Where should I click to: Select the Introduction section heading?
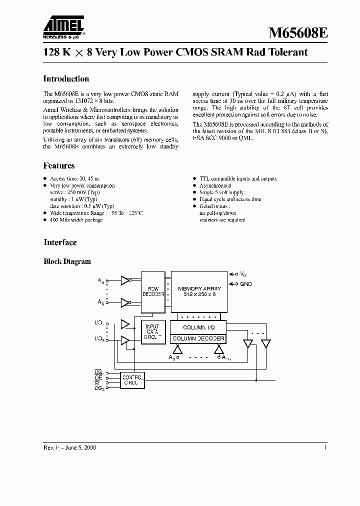(x=66, y=79)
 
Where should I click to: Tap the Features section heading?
(x=59, y=166)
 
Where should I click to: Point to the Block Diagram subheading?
(x=67, y=261)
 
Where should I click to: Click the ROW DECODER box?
(x=152, y=291)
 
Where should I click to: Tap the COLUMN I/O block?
(x=198, y=327)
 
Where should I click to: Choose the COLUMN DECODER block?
(x=198, y=339)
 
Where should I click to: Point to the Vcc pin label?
(x=243, y=274)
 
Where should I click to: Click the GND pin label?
(x=245, y=284)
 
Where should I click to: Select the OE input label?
(x=98, y=378)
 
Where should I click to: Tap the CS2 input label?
(x=99, y=388)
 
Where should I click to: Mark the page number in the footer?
(x=325, y=447)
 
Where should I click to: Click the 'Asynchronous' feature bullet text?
(x=215, y=185)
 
